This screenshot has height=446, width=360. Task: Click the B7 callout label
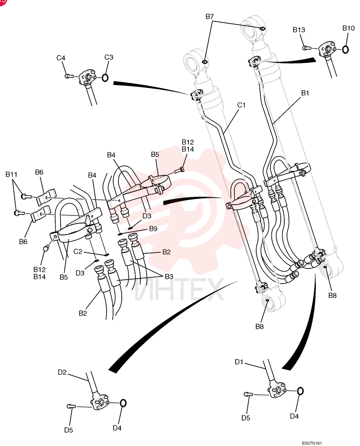pyautogui.click(x=209, y=17)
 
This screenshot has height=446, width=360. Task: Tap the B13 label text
pyautogui.click(x=299, y=30)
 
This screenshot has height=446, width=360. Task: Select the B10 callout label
pyautogui.click(x=348, y=28)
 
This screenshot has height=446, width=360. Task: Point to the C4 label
pyautogui.click(x=61, y=58)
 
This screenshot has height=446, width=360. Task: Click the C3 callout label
pyautogui.click(x=109, y=57)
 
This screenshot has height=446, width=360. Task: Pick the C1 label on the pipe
pyautogui.click(x=241, y=105)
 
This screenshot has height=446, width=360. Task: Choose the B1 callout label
pyautogui.click(x=305, y=93)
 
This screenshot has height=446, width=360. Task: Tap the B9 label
pyautogui.click(x=153, y=229)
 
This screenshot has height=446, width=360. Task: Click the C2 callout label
pyautogui.click(x=78, y=252)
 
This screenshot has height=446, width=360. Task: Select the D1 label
pyautogui.click(x=239, y=362)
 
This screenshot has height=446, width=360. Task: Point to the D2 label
pyautogui.click(x=62, y=372)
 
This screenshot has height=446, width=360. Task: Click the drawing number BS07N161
pyautogui.click(x=312, y=443)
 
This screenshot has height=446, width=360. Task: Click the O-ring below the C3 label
pyautogui.click(x=105, y=78)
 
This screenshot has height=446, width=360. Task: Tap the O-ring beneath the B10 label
pyautogui.click(x=345, y=50)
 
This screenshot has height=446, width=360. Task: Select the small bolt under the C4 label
pyautogui.click(x=69, y=76)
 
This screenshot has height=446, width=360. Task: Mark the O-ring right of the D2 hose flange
pyautogui.click(x=123, y=403)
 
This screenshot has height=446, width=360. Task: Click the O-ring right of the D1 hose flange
pyautogui.click(x=300, y=391)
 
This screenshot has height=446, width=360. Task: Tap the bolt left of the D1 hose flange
pyautogui.click(x=248, y=394)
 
